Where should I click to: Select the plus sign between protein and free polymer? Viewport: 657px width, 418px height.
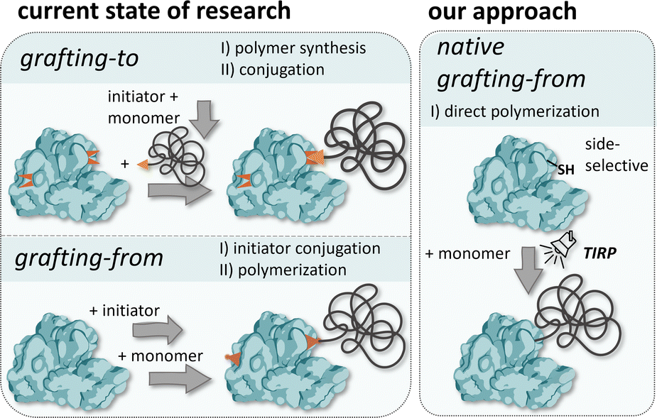coord(125,165)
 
